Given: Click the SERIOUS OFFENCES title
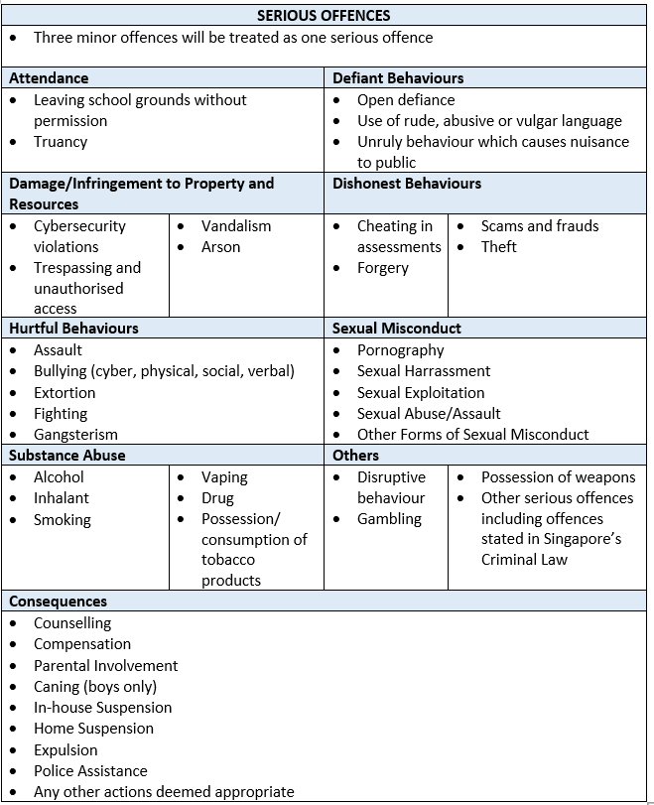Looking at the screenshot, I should pos(324,15).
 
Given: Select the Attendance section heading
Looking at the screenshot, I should pos(49,77).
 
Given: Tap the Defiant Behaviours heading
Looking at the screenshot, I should pos(398,77).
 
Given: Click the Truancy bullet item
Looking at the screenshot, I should pos(61,142).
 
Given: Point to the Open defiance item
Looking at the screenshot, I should pos(406,100).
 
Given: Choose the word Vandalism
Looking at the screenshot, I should pos(236,226).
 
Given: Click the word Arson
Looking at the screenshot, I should pos(220,247).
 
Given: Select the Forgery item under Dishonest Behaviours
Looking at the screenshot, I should pos(383,268).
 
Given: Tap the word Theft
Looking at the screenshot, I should pos(499,247).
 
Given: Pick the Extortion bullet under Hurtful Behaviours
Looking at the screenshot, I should pos(65,393).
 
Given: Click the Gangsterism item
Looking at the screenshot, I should pos(75,435).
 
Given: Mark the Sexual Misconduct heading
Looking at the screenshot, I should pos(397,328).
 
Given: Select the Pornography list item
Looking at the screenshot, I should pos(401,350).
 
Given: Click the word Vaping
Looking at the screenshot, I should pos(224,477).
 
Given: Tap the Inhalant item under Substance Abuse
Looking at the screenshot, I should pos(62,498).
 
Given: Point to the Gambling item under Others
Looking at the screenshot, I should pos(390,519).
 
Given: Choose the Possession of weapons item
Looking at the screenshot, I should pos(558,477).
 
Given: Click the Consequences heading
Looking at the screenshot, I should pos(58,602).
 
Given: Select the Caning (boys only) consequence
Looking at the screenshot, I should pos(95,687).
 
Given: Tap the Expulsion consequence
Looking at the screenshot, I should pos(65,750).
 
